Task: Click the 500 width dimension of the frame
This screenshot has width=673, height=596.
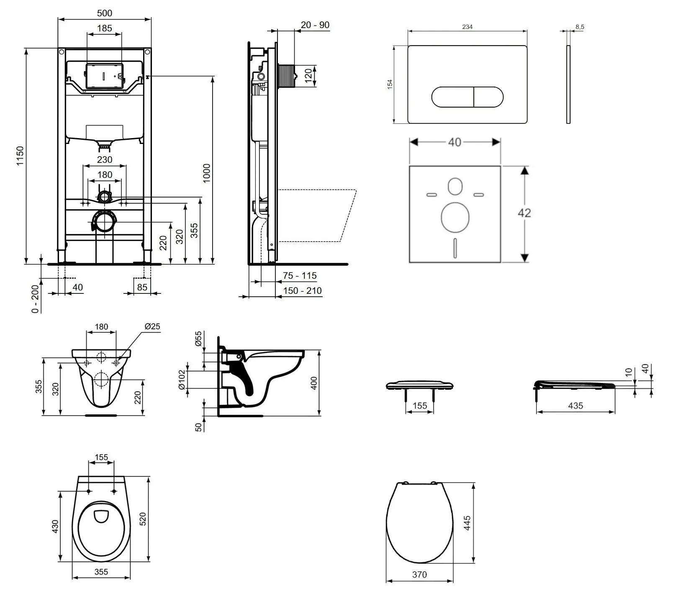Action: point(104,13)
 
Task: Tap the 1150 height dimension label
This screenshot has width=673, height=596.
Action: point(20,156)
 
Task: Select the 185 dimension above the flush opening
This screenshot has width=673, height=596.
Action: point(104,28)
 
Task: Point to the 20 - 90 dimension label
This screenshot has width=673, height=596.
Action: point(315,25)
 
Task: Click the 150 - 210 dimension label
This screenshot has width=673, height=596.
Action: point(302,290)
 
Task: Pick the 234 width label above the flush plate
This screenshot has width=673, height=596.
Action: point(467,27)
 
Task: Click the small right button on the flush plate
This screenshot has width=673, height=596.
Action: point(488,97)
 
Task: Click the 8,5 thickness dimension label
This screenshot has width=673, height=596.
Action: point(580,27)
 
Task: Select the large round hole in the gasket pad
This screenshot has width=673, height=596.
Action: point(455,217)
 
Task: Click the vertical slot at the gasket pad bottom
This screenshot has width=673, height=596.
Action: point(455,248)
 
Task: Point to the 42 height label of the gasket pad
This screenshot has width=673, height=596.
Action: point(524,213)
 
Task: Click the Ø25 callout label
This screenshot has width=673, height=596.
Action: point(152,326)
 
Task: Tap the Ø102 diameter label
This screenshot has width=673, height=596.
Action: point(182,379)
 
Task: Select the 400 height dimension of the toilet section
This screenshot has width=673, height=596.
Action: point(314,383)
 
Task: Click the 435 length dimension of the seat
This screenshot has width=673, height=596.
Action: point(575,406)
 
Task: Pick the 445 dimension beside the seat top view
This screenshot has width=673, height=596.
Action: point(467,523)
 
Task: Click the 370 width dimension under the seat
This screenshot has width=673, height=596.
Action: point(419,575)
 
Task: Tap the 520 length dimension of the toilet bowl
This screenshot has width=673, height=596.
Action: point(142,519)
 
